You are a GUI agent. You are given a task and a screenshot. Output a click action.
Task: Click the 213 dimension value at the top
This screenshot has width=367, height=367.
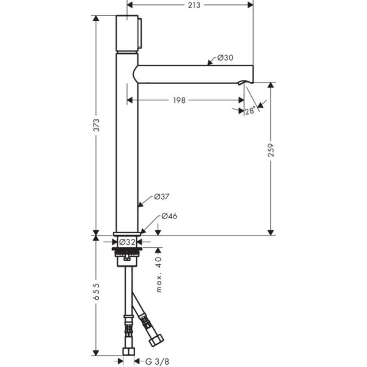tap(191, 5)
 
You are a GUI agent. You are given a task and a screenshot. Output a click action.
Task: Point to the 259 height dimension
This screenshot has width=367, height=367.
tap(271, 150)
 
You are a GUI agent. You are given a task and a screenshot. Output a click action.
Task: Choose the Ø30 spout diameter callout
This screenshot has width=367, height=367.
tap(225, 58)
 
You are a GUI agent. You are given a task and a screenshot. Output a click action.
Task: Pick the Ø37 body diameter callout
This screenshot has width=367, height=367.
tap(162, 197)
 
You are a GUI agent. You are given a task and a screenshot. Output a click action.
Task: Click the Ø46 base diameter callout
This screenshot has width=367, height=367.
tap(169, 216)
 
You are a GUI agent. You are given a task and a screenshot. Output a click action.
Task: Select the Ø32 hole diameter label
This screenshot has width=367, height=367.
tap(127, 242)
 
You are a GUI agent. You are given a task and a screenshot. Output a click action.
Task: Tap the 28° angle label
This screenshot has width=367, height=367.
tap(250, 111)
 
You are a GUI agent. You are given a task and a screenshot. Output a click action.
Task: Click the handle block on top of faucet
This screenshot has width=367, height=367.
tap(128, 33)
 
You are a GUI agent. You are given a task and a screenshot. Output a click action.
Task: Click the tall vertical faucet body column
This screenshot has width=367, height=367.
tap(127, 148)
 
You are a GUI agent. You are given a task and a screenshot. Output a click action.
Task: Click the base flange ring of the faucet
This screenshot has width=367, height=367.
tap(127, 234)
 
